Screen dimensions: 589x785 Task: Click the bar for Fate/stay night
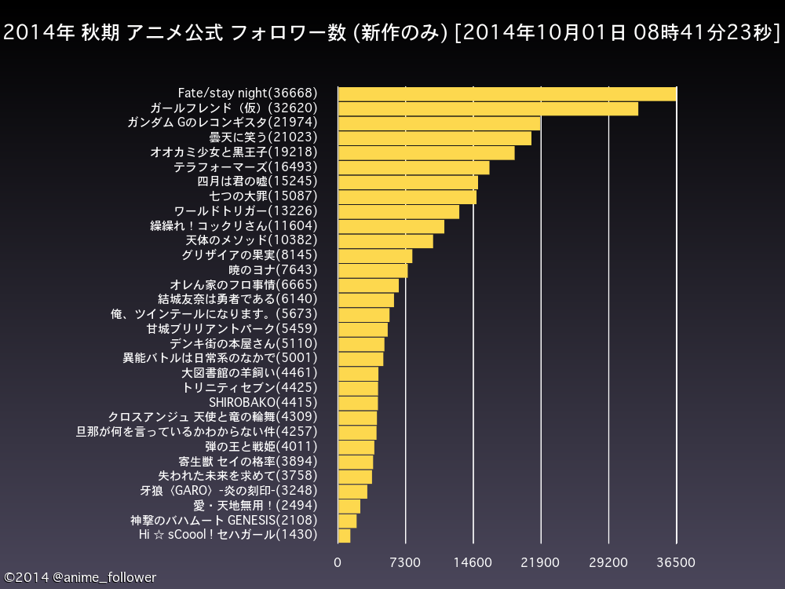point(507,93)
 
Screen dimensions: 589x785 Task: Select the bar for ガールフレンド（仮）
point(487,108)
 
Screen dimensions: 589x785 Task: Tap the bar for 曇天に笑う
point(434,138)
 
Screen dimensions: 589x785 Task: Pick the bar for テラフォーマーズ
point(414,167)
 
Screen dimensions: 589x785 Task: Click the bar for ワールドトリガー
point(398,211)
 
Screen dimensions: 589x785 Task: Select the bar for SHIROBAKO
point(358,403)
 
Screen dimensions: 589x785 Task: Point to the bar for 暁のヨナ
point(373,270)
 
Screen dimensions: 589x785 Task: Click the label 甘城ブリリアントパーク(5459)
point(233,329)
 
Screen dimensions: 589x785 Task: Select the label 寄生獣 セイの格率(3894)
point(248,461)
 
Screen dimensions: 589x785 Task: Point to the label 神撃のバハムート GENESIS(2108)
point(224,520)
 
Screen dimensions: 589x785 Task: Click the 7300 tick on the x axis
point(405,563)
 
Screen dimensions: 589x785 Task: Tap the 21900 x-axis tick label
point(541,563)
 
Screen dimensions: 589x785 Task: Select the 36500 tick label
point(676,563)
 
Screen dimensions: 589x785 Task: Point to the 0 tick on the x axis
point(338,563)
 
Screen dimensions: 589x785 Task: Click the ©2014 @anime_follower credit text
point(80,577)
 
